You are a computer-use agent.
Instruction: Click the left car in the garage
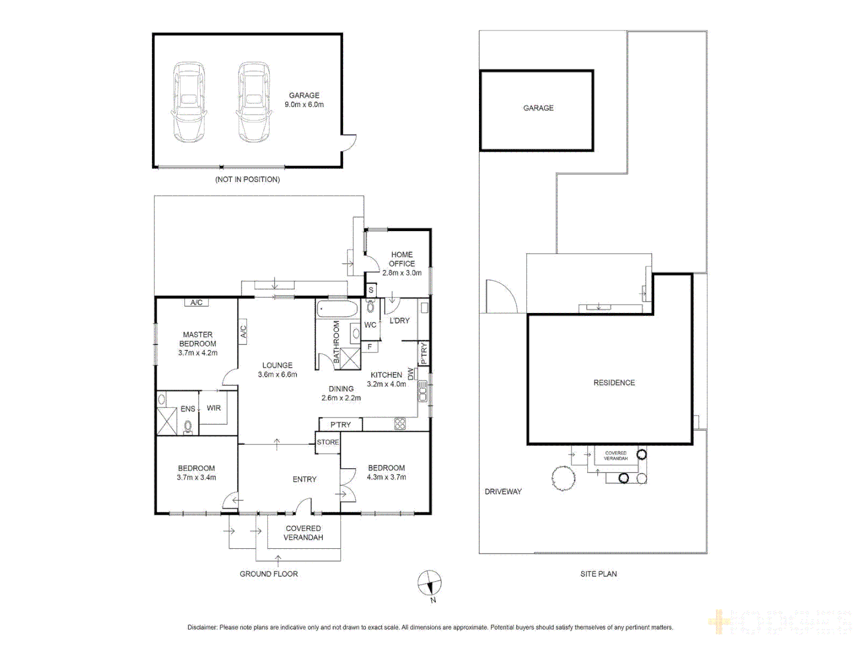[189, 102]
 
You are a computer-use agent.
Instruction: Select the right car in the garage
[254, 102]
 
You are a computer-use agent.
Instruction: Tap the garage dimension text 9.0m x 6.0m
[304, 105]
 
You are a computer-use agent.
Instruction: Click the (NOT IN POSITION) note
[248, 179]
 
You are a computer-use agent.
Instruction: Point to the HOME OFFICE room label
[402, 259]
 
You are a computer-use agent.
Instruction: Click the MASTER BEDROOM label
[197, 339]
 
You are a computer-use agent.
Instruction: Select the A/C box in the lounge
[243, 330]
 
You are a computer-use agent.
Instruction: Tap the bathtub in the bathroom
[337, 309]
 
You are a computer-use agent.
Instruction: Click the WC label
[370, 325]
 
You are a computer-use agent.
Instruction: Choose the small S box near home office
[371, 290]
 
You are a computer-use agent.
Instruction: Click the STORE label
[328, 443]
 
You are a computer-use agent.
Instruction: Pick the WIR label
[213, 408]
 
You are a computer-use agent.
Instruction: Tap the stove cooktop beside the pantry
[400, 424]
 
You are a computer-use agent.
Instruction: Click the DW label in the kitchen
[411, 374]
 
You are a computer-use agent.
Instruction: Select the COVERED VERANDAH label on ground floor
[303, 533]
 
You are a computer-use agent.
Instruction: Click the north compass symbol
[429, 583]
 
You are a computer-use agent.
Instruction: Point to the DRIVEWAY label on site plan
[503, 492]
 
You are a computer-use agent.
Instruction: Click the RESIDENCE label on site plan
[614, 383]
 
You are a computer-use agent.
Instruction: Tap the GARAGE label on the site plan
[538, 108]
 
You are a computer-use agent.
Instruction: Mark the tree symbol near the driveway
[563, 478]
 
